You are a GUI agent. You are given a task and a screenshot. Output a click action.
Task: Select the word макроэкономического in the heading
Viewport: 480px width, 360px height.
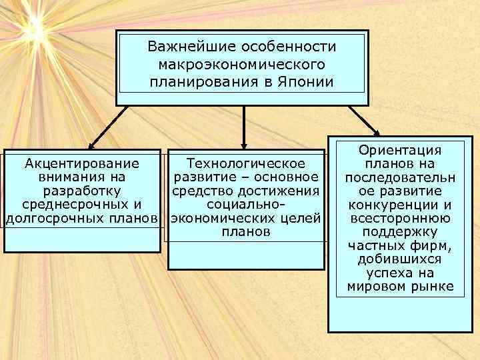click(241, 65)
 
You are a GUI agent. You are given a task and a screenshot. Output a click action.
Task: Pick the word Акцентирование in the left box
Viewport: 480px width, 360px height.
click(81, 163)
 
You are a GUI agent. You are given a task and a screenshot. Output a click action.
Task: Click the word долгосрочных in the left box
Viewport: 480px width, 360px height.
click(53, 219)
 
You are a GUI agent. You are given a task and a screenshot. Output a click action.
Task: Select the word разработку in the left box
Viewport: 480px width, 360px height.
click(81, 191)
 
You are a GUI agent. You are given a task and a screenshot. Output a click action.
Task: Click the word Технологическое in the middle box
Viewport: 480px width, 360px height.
click(246, 163)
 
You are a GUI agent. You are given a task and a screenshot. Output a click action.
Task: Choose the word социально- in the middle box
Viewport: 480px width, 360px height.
click(246, 205)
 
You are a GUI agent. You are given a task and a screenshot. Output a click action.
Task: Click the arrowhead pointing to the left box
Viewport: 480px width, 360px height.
click(93, 143)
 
